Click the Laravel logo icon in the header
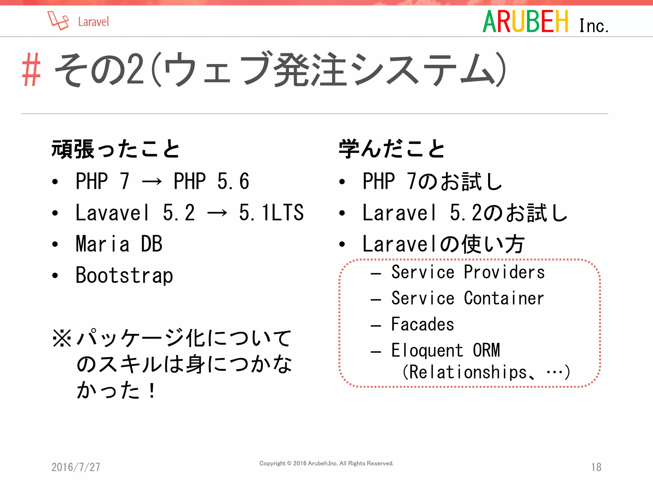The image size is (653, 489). pos(58,21)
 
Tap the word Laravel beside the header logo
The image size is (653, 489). pos(93,22)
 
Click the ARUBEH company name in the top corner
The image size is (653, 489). pos(525,22)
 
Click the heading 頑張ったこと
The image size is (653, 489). pos(116,149)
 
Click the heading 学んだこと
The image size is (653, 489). pos(392,149)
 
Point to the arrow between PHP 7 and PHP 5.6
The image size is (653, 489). pos(152,181)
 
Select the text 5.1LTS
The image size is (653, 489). pos(271,213)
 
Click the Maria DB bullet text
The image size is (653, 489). pos(119,244)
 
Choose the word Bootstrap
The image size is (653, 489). pos(124,275)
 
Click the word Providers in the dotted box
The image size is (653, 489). pos(504,272)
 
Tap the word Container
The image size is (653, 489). pos(504,298)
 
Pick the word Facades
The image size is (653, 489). pos(422,324)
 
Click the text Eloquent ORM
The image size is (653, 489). pos(445,351)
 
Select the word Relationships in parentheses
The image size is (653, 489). pos(468,372)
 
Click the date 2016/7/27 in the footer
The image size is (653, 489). pos(76,467)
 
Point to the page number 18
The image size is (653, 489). pos(596,467)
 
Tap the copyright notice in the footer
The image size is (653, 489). pos(326,463)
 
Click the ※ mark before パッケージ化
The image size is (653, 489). pos(62,338)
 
